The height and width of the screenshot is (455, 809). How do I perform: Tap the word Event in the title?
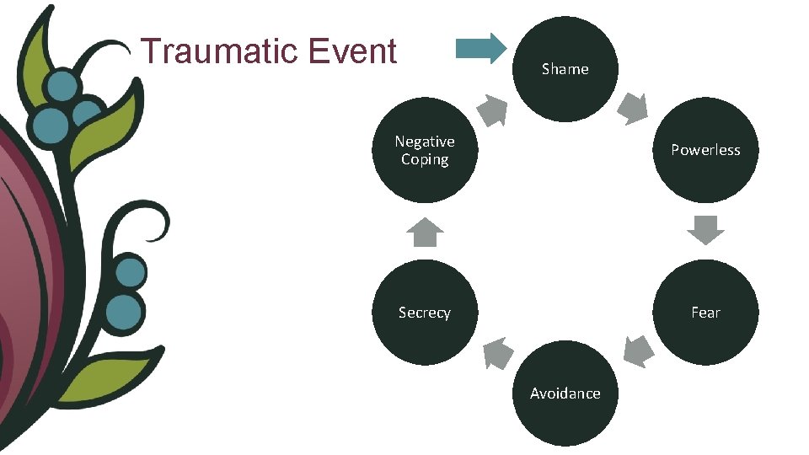pyautogui.click(x=352, y=51)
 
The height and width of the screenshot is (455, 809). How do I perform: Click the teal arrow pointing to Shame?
pyautogui.click(x=481, y=48)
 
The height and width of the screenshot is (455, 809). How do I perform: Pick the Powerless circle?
pyautogui.click(x=705, y=150)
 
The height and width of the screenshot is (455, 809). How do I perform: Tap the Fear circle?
pyautogui.click(x=705, y=313)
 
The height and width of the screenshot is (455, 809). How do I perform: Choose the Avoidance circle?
pyautogui.click(x=565, y=393)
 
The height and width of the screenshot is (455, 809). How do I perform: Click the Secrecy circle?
pyautogui.click(x=425, y=313)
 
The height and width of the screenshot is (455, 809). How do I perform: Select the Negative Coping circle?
pyautogui.click(x=425, y=150)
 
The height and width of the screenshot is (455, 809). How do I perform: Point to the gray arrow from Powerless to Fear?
pyautogui.click(x=705, y=229)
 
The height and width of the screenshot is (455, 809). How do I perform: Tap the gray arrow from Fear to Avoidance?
pyautogui.click(x=638, y=351)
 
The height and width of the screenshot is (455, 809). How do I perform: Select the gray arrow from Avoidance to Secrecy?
pyautogui.click(x=497, y=353)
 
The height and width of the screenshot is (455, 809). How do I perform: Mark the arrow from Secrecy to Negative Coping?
pyautogui.click(x=426, y=232)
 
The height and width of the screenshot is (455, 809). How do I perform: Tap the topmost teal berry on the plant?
pyautogui.click(x=62, y=85)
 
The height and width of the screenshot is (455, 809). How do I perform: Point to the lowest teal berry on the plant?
pyautogui.click(x=125, y=310)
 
